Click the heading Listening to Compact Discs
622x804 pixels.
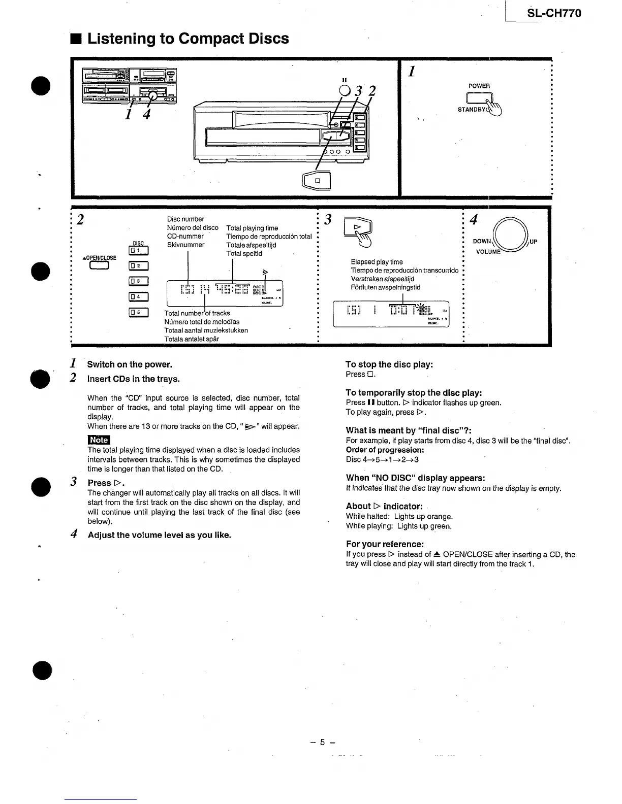point(188,39)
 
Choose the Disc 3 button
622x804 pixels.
point(138,282)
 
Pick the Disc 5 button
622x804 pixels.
point(138,312)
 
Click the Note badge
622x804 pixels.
point(99,440)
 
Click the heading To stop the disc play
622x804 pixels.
point(389,364)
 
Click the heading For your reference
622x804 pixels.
point(384,544)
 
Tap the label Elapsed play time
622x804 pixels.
point(377,262)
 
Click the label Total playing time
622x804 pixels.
point(252,228)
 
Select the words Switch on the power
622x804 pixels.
point(130,364)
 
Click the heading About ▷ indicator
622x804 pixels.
point(384,506)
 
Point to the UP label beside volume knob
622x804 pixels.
point(533,242)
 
